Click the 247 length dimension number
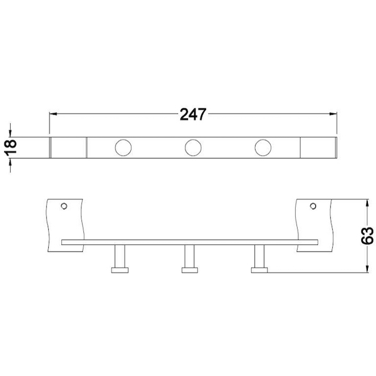[193, 114]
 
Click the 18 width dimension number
[11, 147]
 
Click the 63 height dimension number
[367, 236]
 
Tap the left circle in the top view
[123, 147]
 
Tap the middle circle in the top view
[193, 147]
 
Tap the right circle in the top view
[263, 147]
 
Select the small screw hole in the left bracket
[64, 206]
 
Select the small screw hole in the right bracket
[313, 206]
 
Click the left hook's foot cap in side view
[120, 270]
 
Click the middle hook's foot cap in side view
[190, 270]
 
